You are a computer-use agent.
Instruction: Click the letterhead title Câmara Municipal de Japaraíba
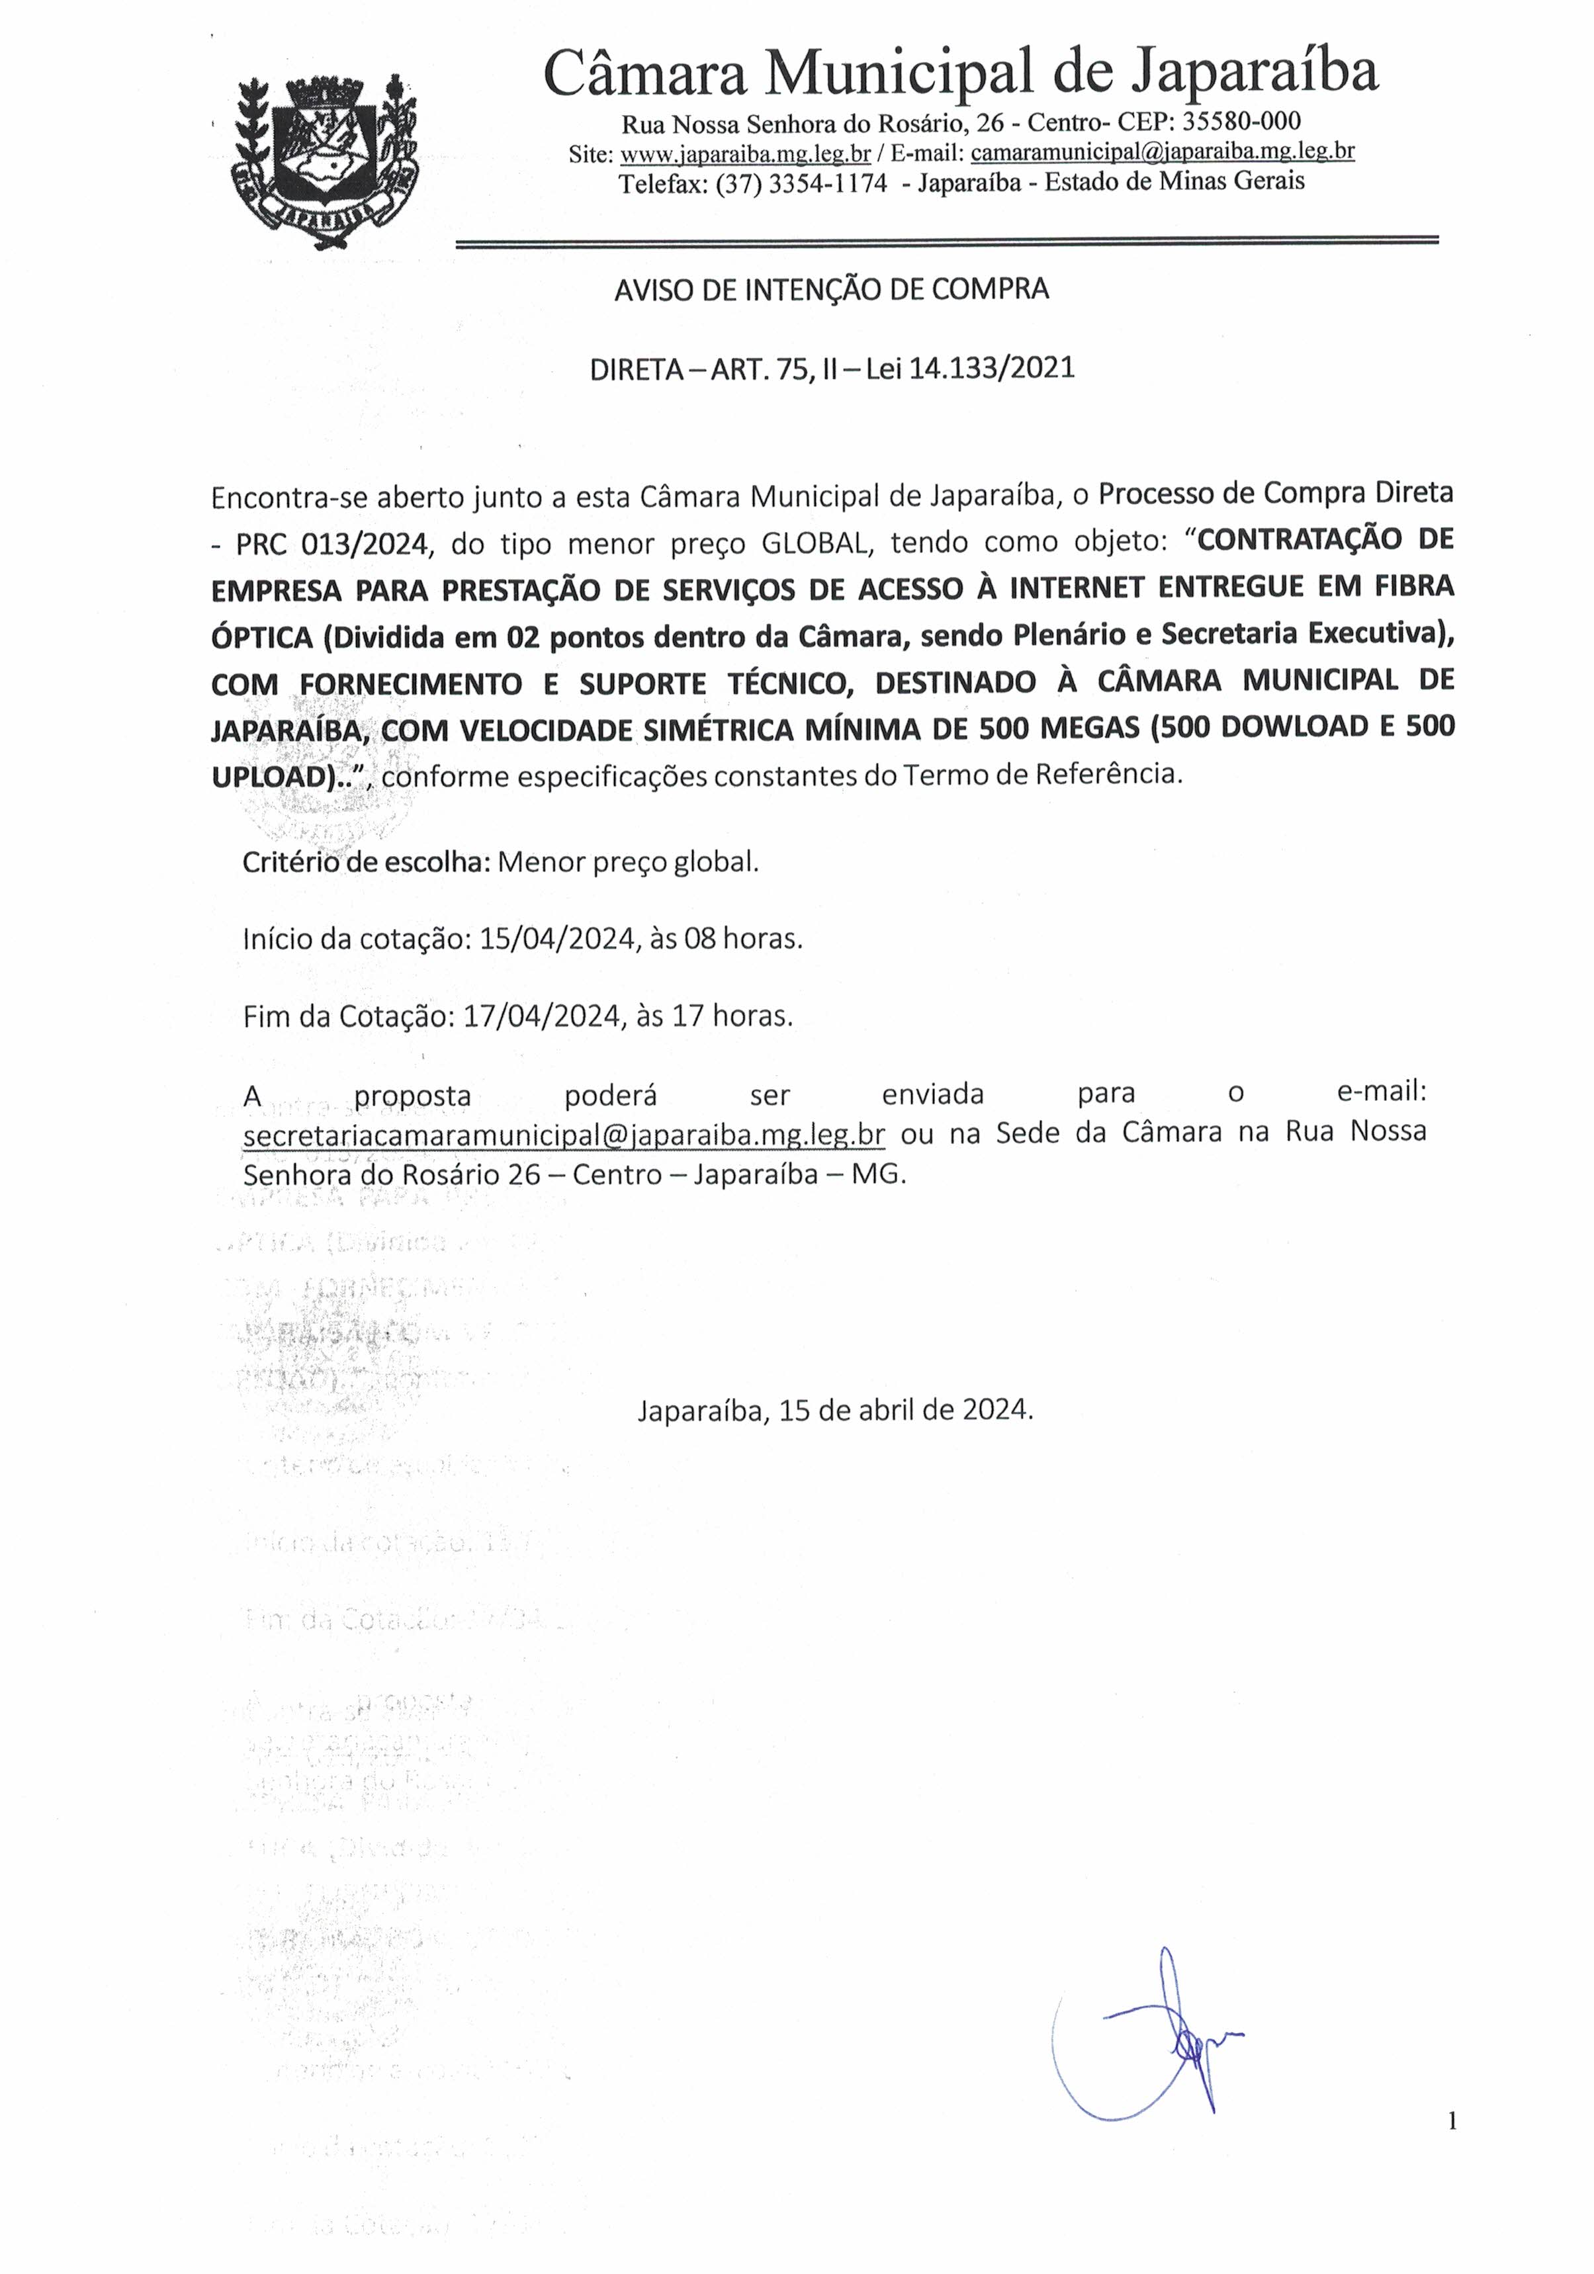[x=960, y=72]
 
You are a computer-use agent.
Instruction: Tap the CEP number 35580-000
[x=1241, y=122]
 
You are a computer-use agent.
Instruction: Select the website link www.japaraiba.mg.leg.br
[x=745, y=153]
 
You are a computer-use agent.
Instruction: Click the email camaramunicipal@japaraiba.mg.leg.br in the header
[x=1162, y=152]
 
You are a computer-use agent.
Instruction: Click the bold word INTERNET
[x=1078, y=588]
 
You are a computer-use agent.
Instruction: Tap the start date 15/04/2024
[x=556, y=938]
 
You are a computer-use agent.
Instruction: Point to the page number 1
[x=1452, y=2121]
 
